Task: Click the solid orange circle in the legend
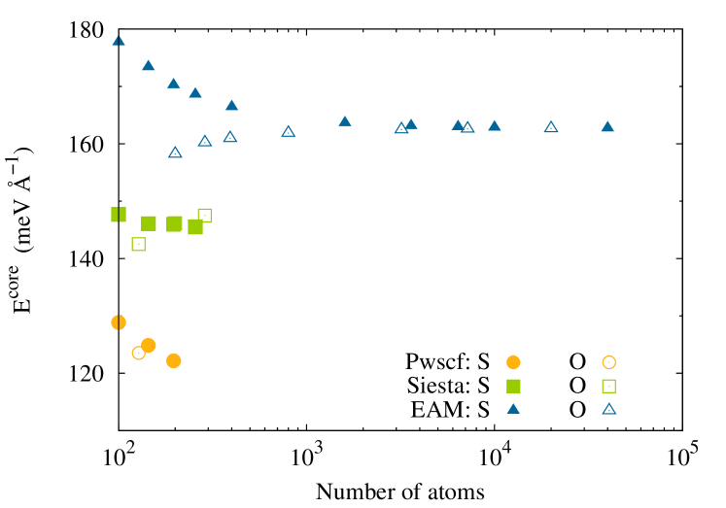coord(513,362)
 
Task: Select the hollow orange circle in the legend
coord(609,362)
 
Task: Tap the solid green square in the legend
coord(513,386)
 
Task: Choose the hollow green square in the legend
coord(609,386)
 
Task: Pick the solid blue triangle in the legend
coord(513,409)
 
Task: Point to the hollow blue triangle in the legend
coord(609,409)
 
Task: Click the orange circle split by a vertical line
coord(119,322)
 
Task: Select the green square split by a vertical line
coord(119,215)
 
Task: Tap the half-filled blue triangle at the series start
coord(119,41)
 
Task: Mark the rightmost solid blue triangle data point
coord(607,126)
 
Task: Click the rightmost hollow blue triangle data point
coord(551,127)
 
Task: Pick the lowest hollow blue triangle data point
coord(175,152)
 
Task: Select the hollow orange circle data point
coord(138,353)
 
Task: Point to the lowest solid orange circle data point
coord(173,360)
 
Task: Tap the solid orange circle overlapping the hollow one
coord(149,345)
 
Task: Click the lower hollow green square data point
coord(139,244)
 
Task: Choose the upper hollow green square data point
coord(205,215)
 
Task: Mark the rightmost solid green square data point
coord(195,226)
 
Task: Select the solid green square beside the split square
coord(149,223)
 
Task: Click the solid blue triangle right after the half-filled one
coord(149,66)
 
